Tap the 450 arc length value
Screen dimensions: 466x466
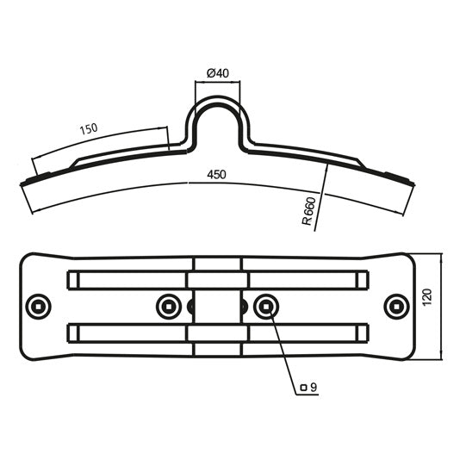coord(216,175)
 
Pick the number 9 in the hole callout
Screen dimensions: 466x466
coord(314,388)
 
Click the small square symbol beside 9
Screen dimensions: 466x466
coord(303,388)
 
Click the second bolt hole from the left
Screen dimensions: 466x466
coord(168,305)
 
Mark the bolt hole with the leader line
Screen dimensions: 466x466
coord(265,305)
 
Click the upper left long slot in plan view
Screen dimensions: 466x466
coord(129,279)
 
